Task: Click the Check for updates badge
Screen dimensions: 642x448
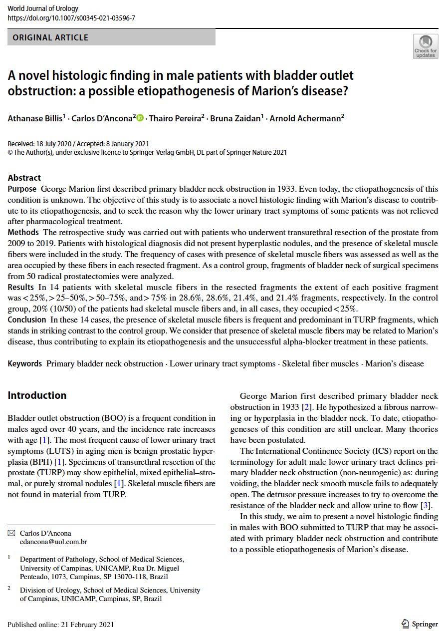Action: [x=425, y=46]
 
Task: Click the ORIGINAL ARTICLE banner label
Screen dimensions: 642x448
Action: [x=50, y=37]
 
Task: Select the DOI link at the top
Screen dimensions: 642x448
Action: [x=71, y=18]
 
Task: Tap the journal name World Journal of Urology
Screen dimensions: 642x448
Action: [x=43, y=8]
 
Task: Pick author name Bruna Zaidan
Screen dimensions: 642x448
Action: [x=235, y=119]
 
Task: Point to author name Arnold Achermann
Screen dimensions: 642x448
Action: [x=306, y=119]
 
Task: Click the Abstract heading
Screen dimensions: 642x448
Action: [x=24, y=178]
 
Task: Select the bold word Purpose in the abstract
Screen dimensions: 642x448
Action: [x=22, y=189]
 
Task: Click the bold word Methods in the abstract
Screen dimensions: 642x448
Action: [x=23, y=232]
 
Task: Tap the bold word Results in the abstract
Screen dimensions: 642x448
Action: [x=20, y=287]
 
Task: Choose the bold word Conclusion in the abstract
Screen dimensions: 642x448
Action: [x=26, y=320]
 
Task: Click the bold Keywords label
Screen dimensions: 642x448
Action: [x=24, y=363]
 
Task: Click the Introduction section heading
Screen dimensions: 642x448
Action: [x=37, y=395]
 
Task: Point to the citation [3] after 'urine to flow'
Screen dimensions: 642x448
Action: [x=427, y=505]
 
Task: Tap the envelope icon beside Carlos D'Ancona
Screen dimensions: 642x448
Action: [x=11, y=533]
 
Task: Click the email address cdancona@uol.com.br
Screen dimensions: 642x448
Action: [x=53, y=542]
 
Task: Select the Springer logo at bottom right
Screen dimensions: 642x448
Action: [x=420, y=624]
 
